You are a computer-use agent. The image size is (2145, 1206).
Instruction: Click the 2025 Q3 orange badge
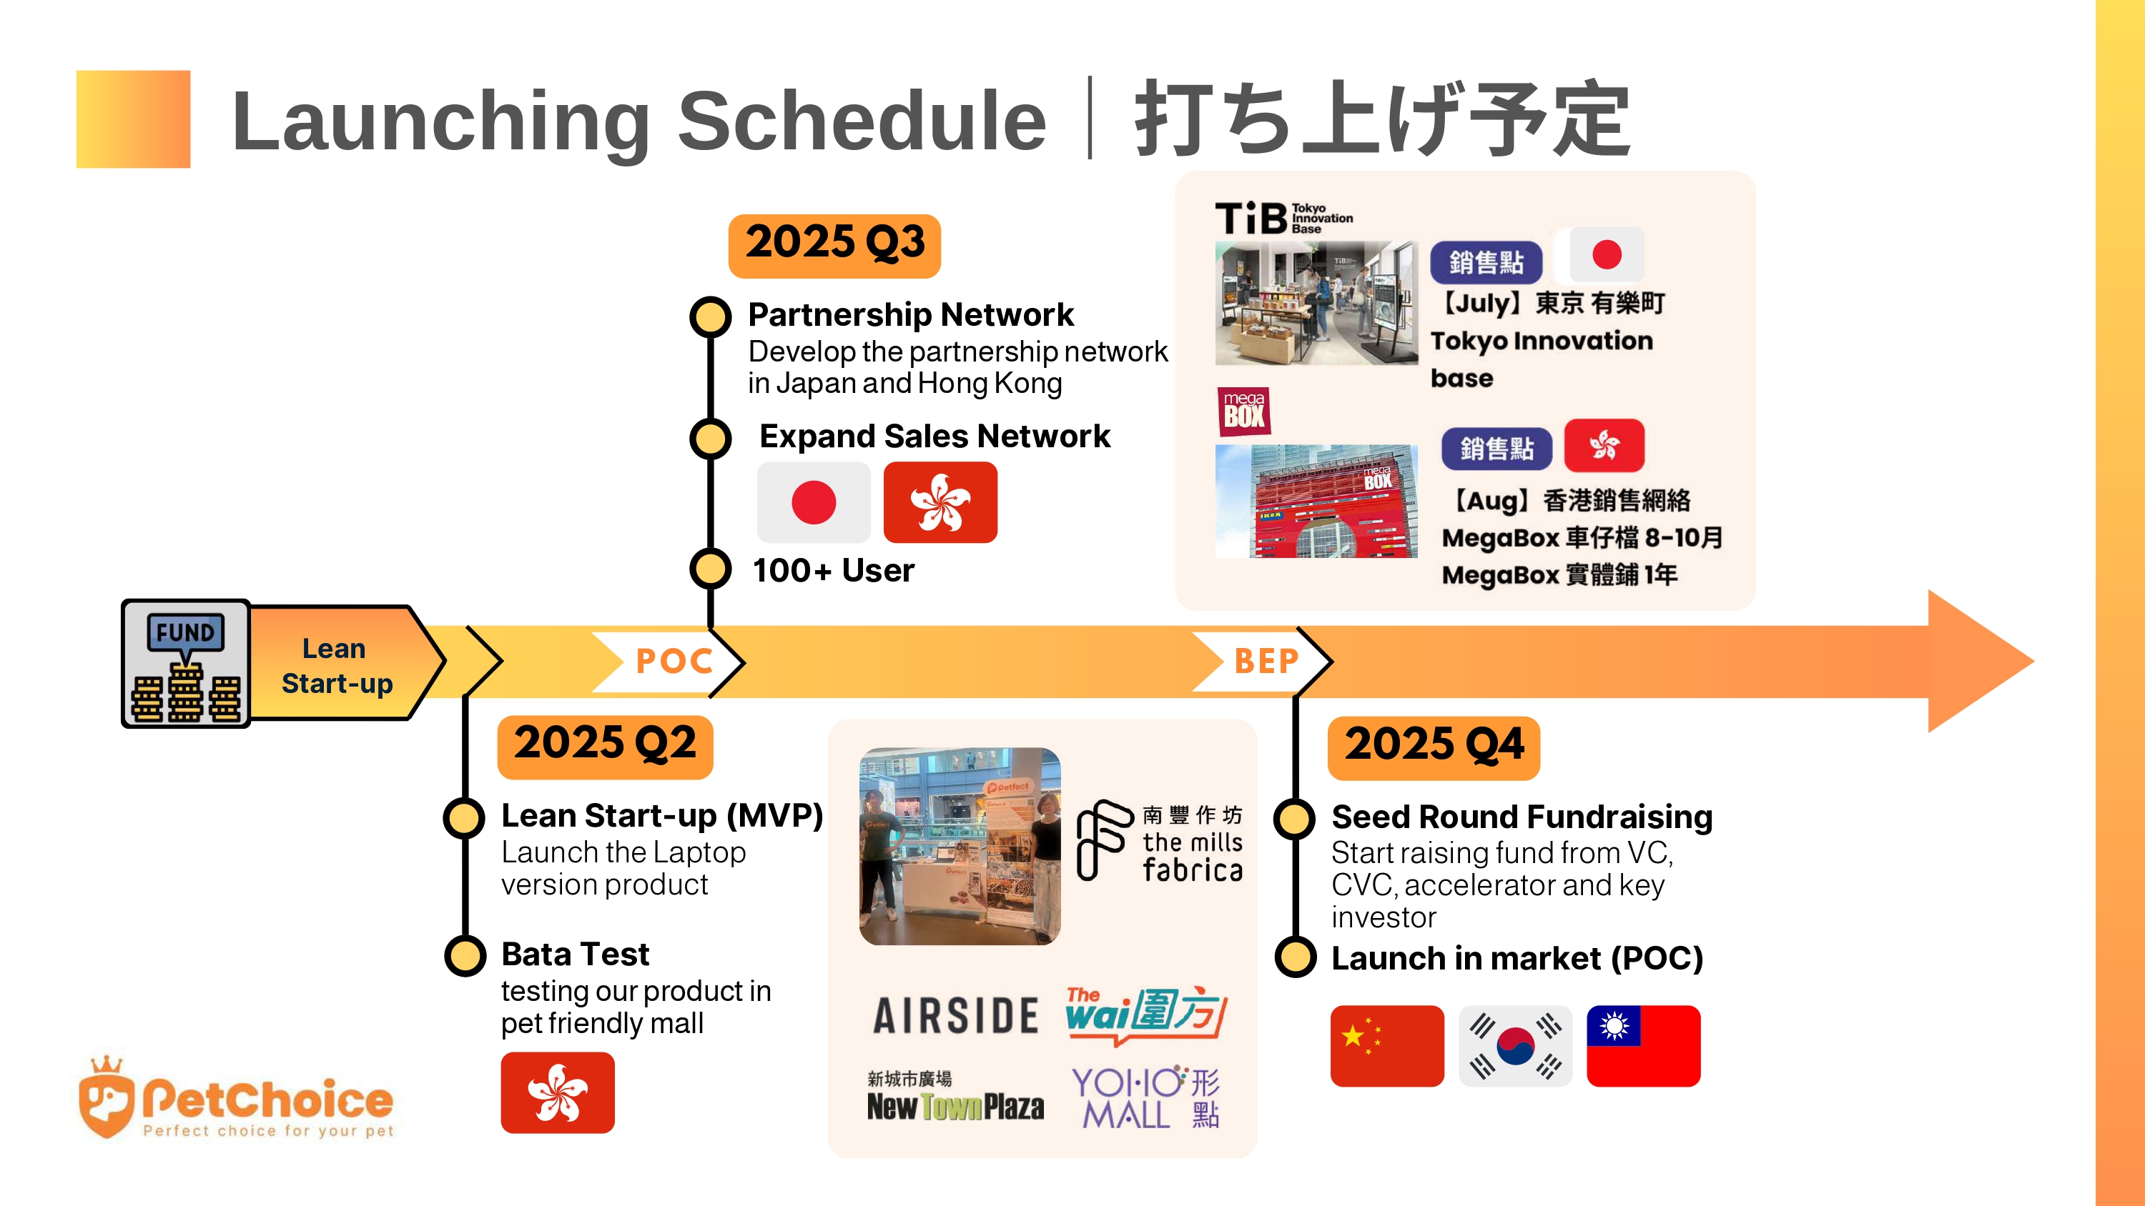[834, 246]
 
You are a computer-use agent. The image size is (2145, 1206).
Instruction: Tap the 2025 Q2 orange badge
[606, 747]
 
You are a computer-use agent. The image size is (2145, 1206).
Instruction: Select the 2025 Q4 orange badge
[1434, 747]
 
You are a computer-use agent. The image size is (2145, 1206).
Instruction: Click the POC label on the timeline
[674, 662]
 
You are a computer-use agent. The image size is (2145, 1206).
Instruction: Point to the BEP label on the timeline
[1266, 662]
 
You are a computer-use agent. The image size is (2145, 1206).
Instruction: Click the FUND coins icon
[186, 663]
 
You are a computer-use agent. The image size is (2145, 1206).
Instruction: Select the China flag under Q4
[1387, 1045]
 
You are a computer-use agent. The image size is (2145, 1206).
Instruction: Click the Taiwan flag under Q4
[1644, 1045]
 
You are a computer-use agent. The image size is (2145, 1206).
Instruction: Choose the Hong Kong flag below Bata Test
[558, 1092]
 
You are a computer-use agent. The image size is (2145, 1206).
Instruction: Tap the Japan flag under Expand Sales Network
[814, 502]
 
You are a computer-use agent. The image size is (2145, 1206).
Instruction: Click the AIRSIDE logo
[956, 1015]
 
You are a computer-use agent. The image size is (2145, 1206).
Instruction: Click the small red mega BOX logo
[1244, 411]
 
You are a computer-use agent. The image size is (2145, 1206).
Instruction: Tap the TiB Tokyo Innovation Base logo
[1284, 218]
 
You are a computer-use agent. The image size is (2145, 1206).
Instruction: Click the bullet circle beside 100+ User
[710, 569]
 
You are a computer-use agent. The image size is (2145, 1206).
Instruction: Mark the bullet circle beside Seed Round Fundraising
[1295, 818]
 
